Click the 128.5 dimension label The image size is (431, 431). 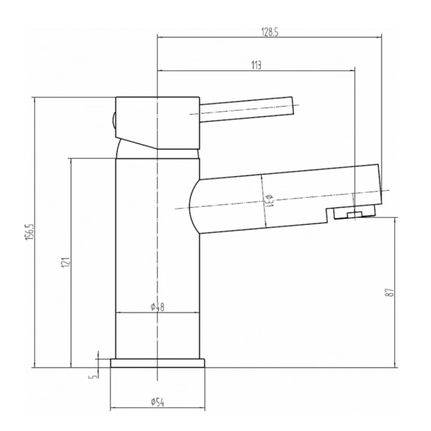click(270, 33)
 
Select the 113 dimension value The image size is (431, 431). click(256, 65)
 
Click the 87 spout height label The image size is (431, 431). click(390, 292)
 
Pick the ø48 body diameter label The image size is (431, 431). click(157, 307)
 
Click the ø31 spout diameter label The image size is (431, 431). click(270, 200)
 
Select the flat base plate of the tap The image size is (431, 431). click(157, 363)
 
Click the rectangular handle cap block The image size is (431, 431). click(158, 121)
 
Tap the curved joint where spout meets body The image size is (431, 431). click(194, 206)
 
